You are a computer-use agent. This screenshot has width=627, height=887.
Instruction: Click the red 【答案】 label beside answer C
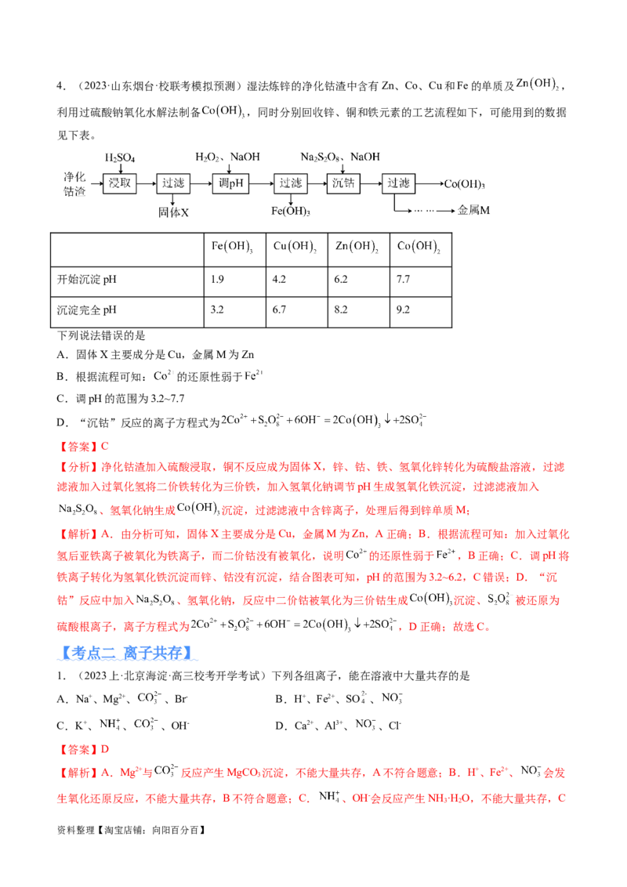click(78, 446)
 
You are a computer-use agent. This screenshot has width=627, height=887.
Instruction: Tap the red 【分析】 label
click(78, 467)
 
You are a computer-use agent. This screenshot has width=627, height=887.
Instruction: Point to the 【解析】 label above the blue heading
click(78, 534)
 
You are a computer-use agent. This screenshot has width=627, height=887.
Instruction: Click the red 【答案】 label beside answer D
click(78, 749)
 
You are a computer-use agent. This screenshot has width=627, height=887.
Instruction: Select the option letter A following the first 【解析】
click(103, 534)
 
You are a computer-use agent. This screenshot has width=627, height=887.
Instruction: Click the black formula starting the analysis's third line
click(78, 511)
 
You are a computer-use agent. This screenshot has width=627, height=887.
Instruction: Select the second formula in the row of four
click(294, 248)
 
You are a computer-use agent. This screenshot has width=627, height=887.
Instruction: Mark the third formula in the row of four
click(357, 248)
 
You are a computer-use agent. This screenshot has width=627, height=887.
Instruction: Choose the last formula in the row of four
click(420, 248)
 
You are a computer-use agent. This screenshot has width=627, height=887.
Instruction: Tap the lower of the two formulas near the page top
click(223, 112)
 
